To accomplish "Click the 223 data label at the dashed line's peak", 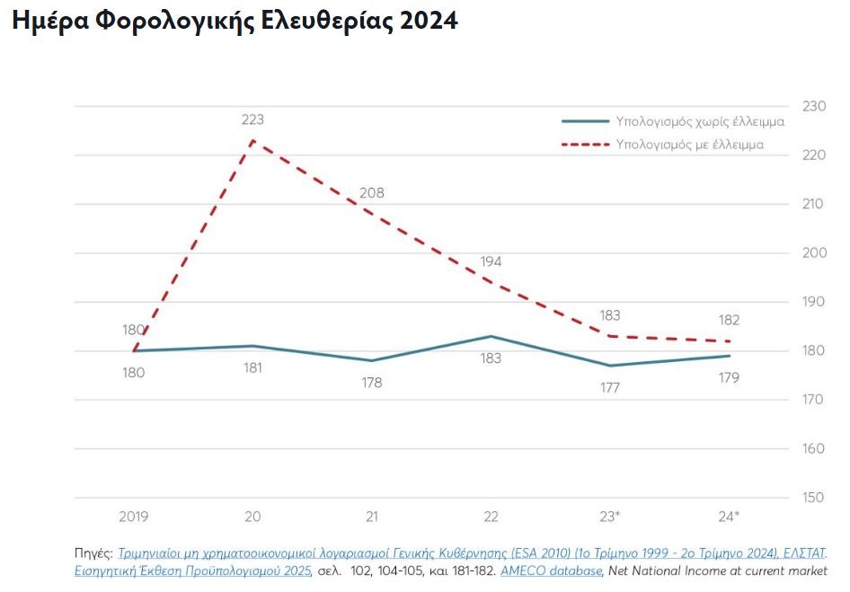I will point(252,119).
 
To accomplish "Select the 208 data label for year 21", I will point(371,192).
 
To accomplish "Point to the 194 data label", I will point(491,261).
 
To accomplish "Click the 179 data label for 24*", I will point(729,377).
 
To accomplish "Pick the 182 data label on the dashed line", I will point(729,321).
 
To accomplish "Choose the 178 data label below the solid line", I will point(371,382).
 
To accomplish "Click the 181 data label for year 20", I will point(252,367).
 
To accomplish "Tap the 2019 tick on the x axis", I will point(133,517).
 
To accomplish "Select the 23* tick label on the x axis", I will point(610,517).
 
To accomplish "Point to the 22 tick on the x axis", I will point(491,517).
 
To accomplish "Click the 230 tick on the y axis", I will point(812,106).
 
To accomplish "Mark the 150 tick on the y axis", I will point(812,497).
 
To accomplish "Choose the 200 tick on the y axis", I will point(812,252).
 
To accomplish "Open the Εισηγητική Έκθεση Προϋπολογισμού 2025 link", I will point(192,570).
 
